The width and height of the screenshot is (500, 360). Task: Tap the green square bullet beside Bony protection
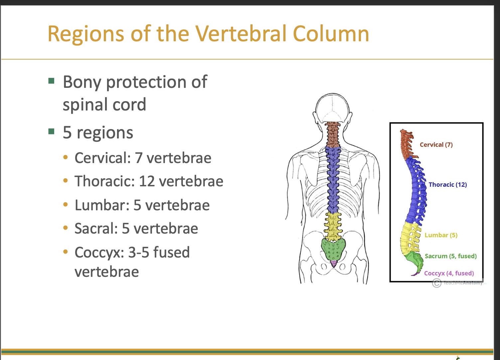[51, 81]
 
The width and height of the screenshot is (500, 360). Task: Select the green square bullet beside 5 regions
[51, 131]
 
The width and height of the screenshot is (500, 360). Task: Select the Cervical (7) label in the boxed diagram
[436, 145]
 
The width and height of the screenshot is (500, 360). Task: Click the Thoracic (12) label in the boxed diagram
[447, 185]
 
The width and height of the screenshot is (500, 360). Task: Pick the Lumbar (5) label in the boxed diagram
[441, 235]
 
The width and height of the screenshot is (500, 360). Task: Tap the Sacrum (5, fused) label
[450, 256]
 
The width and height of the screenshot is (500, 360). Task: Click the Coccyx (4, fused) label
[449, 273]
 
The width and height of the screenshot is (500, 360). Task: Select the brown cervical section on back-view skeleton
[332, 134]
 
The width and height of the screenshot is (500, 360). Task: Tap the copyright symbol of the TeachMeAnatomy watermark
[437, 283]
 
